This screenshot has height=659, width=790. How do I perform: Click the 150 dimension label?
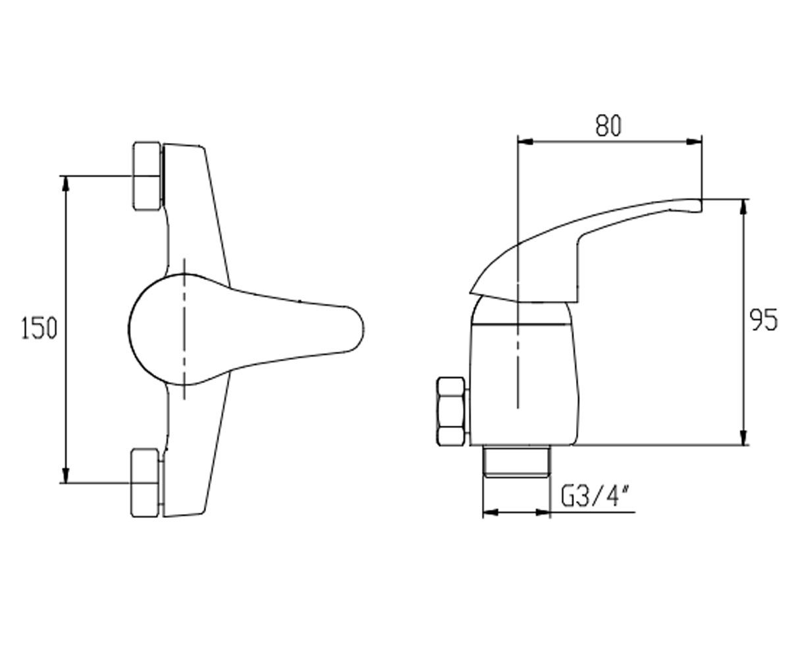coord(39,328)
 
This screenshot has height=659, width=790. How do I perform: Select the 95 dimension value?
coord(764,320)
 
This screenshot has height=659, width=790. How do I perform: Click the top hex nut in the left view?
coord(146,176)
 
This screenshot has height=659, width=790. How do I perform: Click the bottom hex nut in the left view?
coord(145,483)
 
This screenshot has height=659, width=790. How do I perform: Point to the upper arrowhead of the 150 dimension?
coord(66,184)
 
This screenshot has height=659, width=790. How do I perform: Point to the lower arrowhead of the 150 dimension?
coord(66,475)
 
